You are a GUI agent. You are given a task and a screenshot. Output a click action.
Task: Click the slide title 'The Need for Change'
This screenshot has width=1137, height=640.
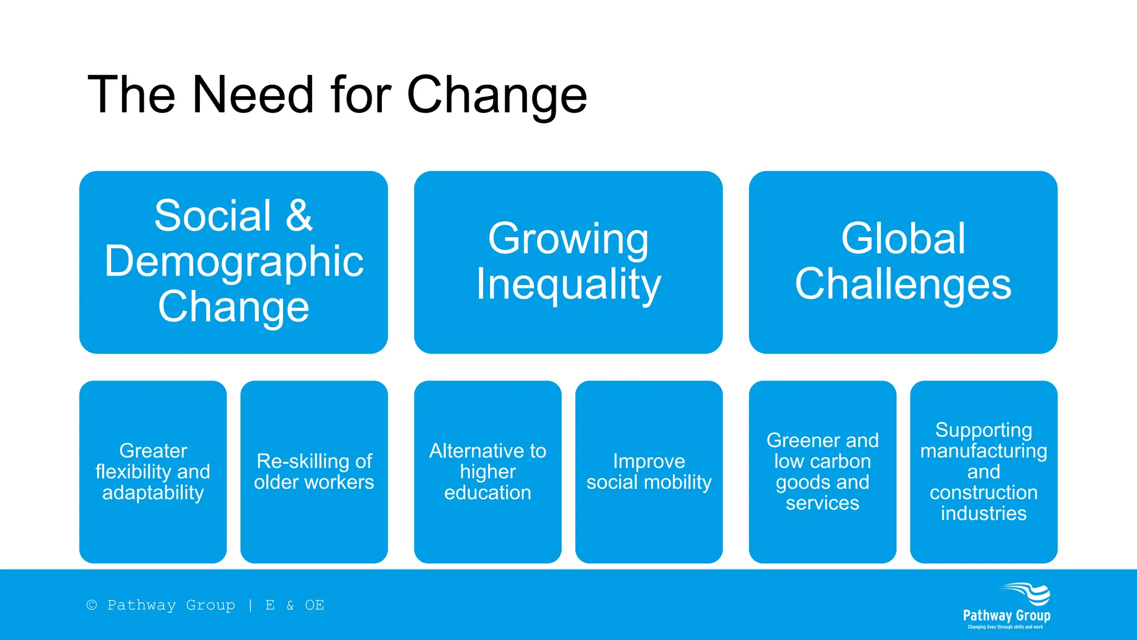pyautogui.click(x=337, y=95)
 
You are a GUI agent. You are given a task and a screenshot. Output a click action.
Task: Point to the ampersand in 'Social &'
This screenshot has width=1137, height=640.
pyautogui.click(x=299, y=216)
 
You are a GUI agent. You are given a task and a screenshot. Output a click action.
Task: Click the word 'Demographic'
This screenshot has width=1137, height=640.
pyautogui.click(x=234, y=262)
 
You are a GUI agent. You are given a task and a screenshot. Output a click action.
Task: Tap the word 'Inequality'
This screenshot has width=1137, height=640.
pyautogui.click(x=568, y=284)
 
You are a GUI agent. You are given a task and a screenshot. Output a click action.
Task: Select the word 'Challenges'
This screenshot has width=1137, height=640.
pyautogui.click(x=903, y=284)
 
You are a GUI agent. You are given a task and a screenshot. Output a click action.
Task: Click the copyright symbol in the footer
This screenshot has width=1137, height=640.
pyautogui.click(x=92, y=605)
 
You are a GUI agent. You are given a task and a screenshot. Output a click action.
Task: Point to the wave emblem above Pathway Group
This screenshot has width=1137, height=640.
pyautogui.click(x=1027, y=593)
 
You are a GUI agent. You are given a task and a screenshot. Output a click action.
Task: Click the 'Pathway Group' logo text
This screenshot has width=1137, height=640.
pyautogui.click(x=1006, y=616)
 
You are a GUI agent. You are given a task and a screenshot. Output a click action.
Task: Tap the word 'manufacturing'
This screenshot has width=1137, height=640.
pyautogui.click(x=983, y=451)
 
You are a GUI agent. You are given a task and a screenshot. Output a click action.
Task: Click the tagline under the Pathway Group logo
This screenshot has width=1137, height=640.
pyautogui.click(x=1005, y=627)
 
